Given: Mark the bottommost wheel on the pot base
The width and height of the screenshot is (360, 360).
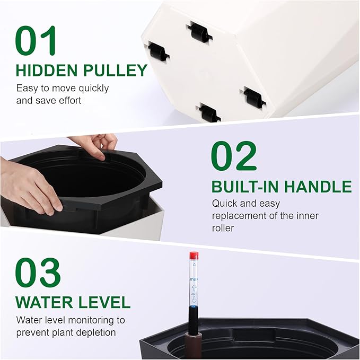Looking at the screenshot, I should point(209,112).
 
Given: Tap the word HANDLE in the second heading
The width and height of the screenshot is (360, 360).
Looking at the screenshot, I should point(318,187).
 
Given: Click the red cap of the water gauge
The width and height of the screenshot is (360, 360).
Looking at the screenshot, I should point(194,255).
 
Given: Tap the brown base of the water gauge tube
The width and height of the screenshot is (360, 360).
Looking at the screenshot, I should point(195,345).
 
